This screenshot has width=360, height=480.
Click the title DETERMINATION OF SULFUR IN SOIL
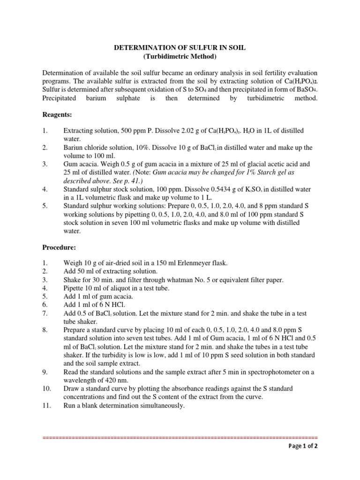pyautogui.click(x=180, y=47)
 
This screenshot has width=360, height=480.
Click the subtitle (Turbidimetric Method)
pyautogui.click(x=180, y=57)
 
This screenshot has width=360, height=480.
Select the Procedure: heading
pyautogui.click(x=59, y=247)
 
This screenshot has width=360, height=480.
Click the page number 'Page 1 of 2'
pyautogui.click(x=303, y=446)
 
